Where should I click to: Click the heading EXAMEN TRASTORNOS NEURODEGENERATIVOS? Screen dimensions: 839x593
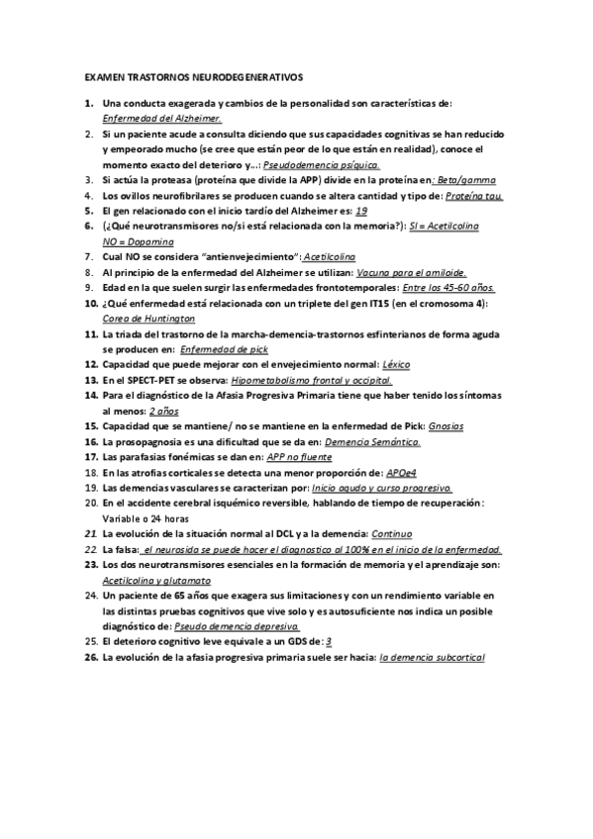(x=193, y=76)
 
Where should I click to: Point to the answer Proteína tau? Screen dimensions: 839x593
(x=474, y=196)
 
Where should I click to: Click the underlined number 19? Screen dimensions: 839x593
(x=361, y=211)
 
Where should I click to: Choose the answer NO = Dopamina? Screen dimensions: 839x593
(x=138, y=241)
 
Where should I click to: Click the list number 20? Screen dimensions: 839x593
(x=90, y=503)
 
